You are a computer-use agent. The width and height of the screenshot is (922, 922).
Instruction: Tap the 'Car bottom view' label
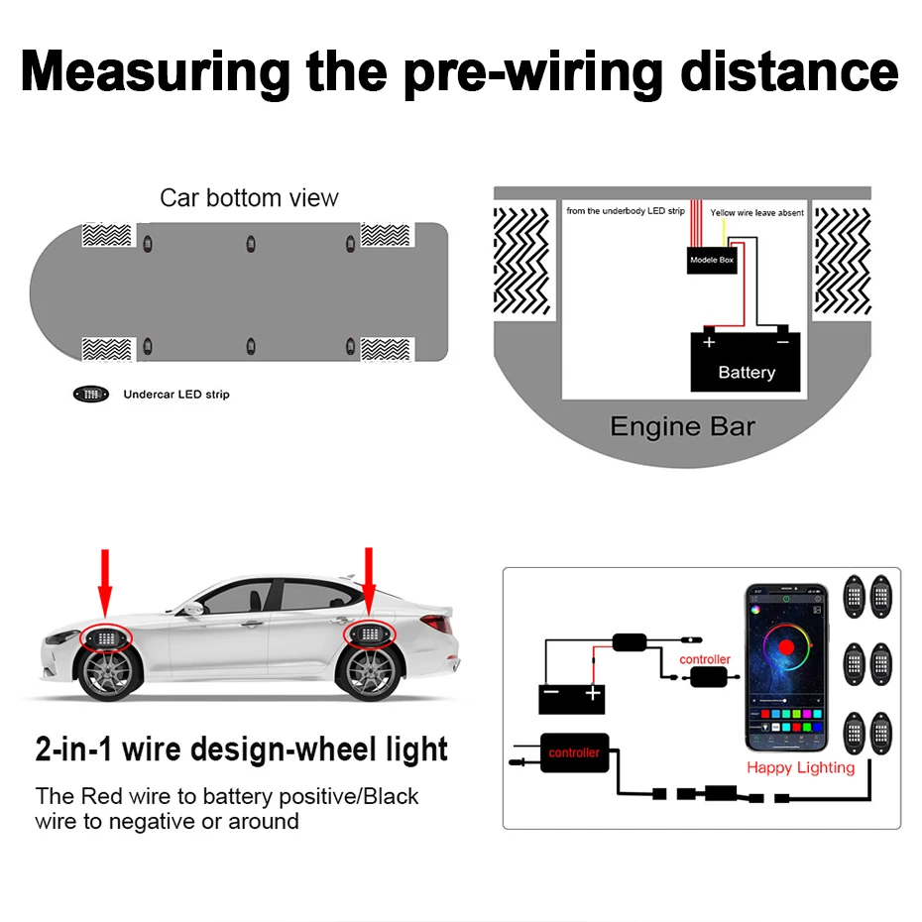(x=249, y=197)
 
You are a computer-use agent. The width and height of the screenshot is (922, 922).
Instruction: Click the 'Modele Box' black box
(x=713, y=260)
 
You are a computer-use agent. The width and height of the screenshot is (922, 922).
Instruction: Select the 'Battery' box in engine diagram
(x=746, y=362)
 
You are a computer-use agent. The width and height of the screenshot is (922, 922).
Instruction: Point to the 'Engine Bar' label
(x=682, y=427)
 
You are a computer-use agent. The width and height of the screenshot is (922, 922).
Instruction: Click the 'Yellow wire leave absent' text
(x=756, y=213)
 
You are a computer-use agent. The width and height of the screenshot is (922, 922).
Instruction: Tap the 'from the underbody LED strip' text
(x=626, y=211)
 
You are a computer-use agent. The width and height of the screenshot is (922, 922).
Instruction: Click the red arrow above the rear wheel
(x=369, y=580)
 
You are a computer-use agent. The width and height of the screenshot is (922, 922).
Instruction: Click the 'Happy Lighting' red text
(x=800, y=767)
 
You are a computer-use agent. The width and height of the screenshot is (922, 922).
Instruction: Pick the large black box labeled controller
(x=574, y=753)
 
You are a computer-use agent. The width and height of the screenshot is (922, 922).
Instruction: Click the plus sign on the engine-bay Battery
(x=709, y=342)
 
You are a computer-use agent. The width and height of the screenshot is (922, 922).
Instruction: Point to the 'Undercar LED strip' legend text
(x=175, y=395)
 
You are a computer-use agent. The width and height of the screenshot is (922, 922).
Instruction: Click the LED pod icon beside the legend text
(x=91, y=395)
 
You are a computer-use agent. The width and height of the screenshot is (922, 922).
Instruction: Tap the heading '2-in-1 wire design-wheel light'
(x=241, y=749)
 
